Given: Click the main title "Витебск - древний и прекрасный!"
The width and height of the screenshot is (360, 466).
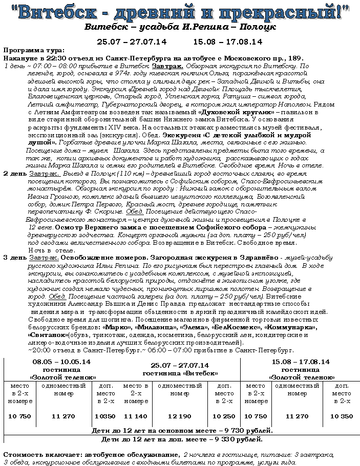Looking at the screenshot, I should point(180,12).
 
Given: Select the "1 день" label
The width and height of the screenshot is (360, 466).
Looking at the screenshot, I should point(14,66).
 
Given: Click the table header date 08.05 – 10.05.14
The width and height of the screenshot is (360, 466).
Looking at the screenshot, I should point(62,362).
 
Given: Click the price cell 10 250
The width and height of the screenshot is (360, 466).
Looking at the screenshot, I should point(224,416).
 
